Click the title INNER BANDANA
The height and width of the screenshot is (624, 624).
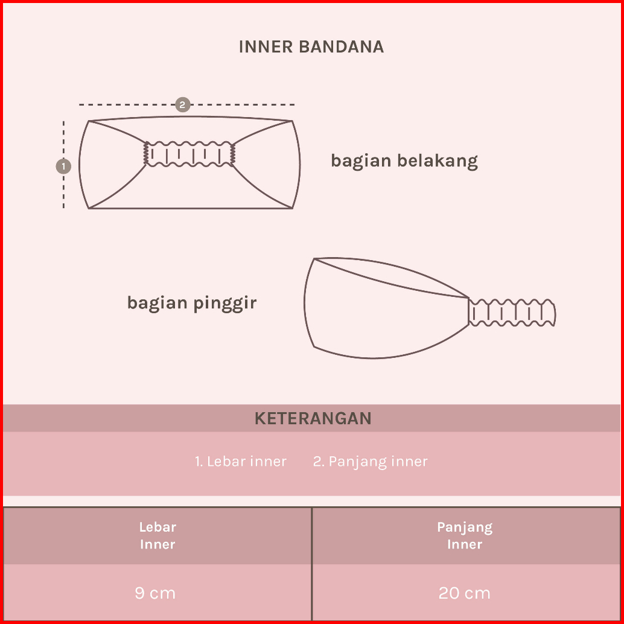click(311, 47)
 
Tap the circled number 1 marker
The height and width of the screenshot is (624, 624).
click(63, 165)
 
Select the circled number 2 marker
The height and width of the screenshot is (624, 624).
click(182, 104)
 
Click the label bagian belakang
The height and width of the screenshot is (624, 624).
click(404, 161)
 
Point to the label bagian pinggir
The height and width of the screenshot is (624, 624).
click(192, 302)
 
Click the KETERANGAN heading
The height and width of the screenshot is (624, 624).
click(313, 418)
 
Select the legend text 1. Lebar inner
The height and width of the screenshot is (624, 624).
click(240, 462)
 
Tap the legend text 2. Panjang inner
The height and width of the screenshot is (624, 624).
click(371, 462)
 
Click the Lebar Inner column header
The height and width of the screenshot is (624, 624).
click(158, 535)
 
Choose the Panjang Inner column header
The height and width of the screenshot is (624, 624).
click(465, 535)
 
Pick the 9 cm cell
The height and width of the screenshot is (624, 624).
click(155, 593)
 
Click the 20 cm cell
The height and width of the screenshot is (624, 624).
click(465, 593)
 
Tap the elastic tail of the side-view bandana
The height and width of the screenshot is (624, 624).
click(512, 313)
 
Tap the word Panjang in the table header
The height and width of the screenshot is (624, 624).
click(465, 527)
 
